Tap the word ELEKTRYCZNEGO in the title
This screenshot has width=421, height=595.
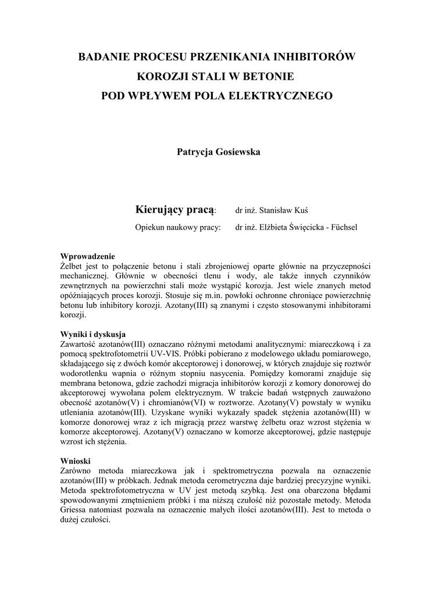click(286, 95)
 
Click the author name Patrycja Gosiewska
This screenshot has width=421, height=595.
click(210, 152)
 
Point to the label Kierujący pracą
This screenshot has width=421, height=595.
click(175, 209)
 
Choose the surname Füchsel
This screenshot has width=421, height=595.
click(345, 228)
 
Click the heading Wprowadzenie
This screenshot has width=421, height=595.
click(88, 256)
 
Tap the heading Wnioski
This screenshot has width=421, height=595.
click(76, 460)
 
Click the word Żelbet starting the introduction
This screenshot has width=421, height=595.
click(72, 266)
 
